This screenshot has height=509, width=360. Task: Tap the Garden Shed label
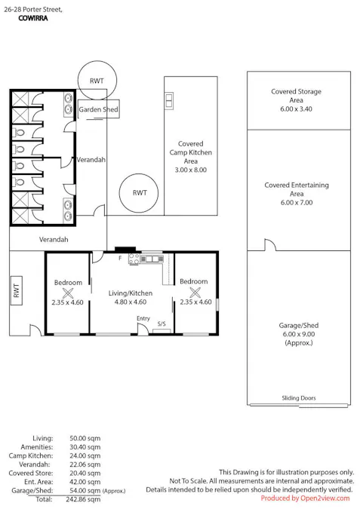click(x=99, y=110)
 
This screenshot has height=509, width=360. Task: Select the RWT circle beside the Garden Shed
click(x=97, y=81)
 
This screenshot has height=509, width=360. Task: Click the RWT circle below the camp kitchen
click(x=140, y=193)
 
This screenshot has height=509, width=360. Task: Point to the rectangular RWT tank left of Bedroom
click(x=17, y=291)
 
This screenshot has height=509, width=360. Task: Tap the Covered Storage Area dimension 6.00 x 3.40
click(x=296, y=109)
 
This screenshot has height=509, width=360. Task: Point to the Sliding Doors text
click(x=300, y=398)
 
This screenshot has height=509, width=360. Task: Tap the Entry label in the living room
click(x=143, y=319)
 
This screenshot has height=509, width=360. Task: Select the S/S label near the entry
click(x=160, y=324)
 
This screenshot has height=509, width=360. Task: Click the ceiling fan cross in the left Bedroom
click(x=68, y=293)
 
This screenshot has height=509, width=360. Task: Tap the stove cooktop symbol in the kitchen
click(x=135, y=260)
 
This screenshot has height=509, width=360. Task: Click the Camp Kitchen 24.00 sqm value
click(x=84, y=455)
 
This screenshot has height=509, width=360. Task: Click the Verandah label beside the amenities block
click(x=91, y=160)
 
